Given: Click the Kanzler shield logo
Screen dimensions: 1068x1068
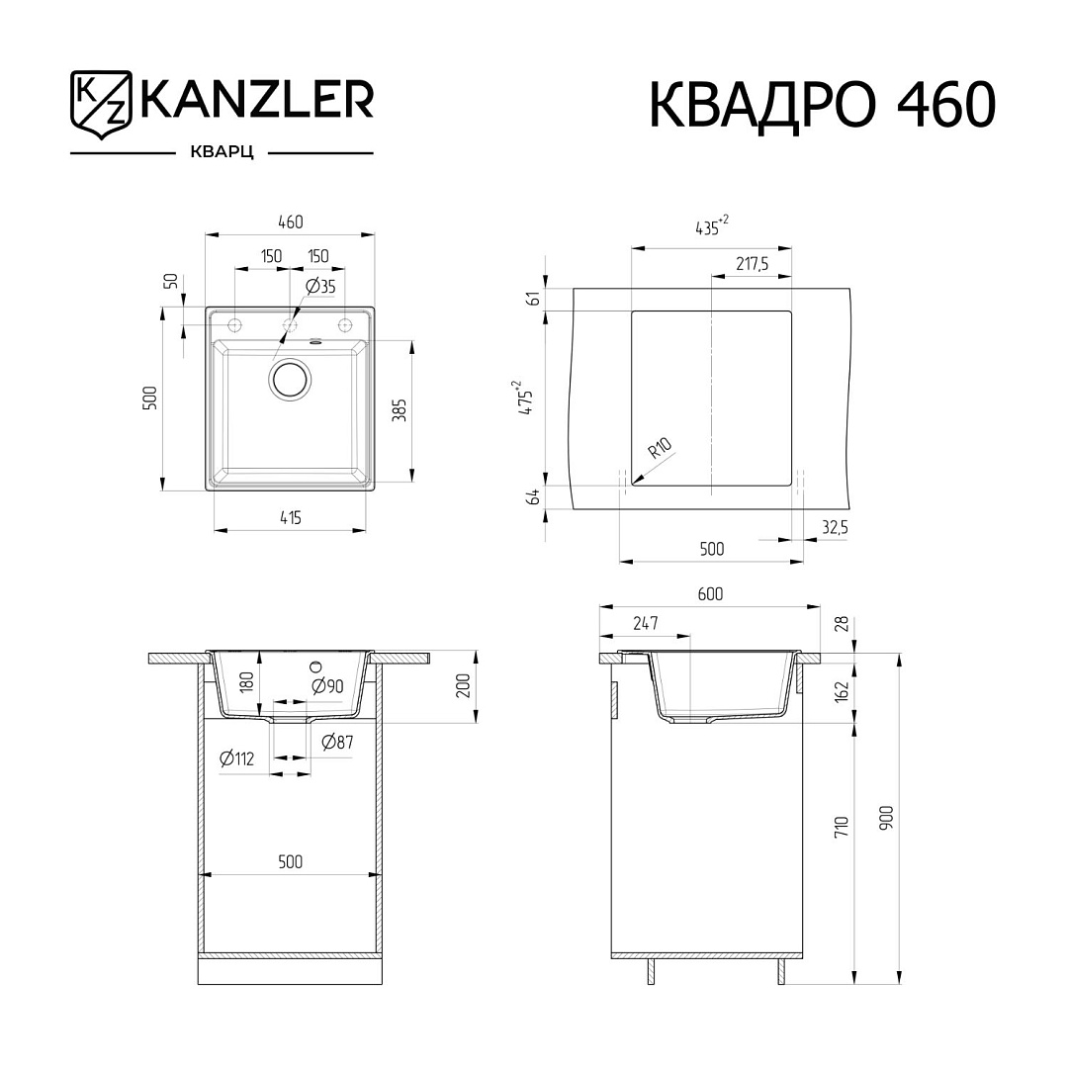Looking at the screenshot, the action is tap(100, 104).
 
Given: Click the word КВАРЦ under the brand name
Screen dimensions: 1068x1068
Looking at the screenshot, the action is tap(222, 153).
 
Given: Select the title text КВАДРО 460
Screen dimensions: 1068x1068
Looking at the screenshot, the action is tap(823, 105).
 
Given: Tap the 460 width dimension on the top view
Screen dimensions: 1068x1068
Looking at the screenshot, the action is tap(290, 222).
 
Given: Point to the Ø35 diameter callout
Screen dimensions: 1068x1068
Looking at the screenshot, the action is tap(320, 286).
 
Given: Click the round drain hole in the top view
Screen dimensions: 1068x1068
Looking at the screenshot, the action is tap(292, 380).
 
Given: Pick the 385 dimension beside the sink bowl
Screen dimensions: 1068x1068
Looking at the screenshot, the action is tap(400, 410).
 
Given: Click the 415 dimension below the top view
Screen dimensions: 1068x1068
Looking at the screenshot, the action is tap(290, 517).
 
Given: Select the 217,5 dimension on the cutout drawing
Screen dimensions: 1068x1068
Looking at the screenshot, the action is tap(752, 264).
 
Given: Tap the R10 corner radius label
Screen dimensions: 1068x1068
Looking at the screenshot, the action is tap(660, 448).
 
